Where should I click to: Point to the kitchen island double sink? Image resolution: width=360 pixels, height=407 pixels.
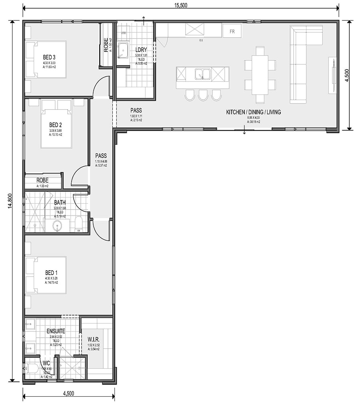pos(202,74)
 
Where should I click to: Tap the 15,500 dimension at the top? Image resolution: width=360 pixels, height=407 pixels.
pos(181,5)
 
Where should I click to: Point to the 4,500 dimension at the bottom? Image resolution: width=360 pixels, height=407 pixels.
pos(68,393)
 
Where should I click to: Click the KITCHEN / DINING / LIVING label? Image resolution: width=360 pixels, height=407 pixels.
pos(254,112)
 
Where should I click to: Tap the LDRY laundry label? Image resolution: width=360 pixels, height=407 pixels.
pos(141,50)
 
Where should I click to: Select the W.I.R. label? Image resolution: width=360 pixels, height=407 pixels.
pos(94,339)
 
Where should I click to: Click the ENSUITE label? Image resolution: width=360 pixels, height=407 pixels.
pos(56,331)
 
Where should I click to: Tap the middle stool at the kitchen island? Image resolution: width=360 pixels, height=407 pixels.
pos(203,95)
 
